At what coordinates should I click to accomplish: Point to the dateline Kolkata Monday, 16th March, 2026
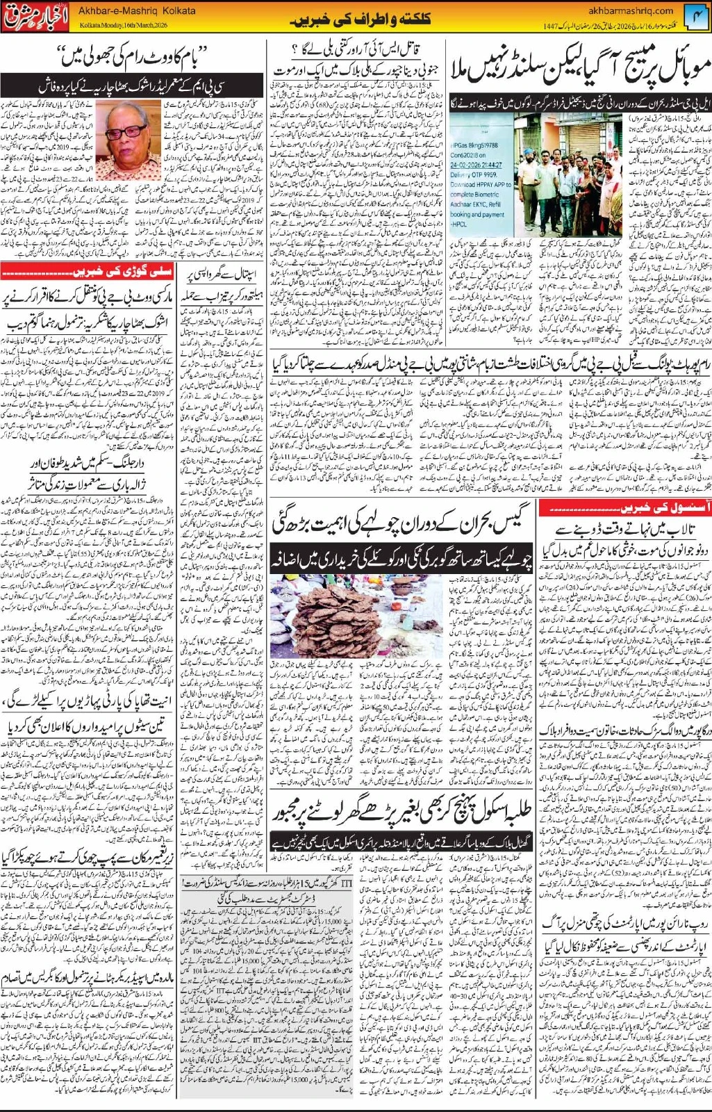click(125, 24)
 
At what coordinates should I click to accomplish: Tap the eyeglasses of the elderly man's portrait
click(129, 131)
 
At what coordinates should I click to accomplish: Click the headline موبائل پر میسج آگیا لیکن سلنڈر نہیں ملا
click(581, 66)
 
